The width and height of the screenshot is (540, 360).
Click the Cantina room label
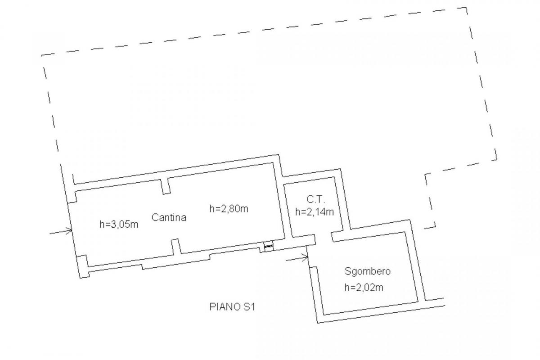169,217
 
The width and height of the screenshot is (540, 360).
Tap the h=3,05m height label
119,225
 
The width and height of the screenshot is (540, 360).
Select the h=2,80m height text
229,208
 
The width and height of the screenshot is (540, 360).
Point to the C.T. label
316,199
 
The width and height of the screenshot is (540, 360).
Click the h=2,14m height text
315,211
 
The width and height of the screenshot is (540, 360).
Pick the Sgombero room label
367,271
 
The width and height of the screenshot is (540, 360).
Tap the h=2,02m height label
364,288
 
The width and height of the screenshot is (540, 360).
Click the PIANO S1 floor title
232,307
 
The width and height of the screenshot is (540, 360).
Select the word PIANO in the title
225,307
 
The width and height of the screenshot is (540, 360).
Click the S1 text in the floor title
249,307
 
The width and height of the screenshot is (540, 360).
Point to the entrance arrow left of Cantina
61,231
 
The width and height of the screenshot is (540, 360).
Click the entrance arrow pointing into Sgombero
297,258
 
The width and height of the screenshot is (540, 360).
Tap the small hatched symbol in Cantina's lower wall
269,246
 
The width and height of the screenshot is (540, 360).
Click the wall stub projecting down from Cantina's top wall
166,186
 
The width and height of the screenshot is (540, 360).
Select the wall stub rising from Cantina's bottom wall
176,247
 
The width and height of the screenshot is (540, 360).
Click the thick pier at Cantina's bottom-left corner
83,266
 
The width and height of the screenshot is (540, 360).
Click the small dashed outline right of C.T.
430,201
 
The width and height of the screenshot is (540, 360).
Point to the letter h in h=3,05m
102,224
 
